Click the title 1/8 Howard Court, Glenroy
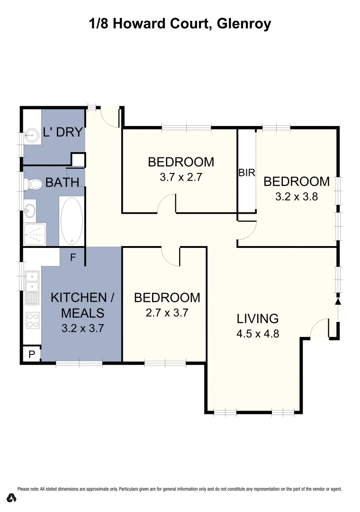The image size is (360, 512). tap(180, 23)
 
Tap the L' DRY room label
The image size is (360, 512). tap(63, 132)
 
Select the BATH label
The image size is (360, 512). tap(62, 182)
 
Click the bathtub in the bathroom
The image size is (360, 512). tap(72, 220)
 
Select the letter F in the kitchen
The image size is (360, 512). tap(73, 258)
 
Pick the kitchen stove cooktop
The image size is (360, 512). tap(33, 320)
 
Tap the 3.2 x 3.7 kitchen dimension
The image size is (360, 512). tap(82, 328)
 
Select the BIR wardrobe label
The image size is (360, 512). tap(247, 173)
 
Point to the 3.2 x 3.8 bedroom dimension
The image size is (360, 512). tap(296, 196)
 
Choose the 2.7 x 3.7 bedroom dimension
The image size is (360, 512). tap(167, 313)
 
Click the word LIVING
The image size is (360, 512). tap(258, 318)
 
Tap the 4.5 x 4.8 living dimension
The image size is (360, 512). tap(258, 333)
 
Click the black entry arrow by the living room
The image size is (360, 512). tap(338, 302)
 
